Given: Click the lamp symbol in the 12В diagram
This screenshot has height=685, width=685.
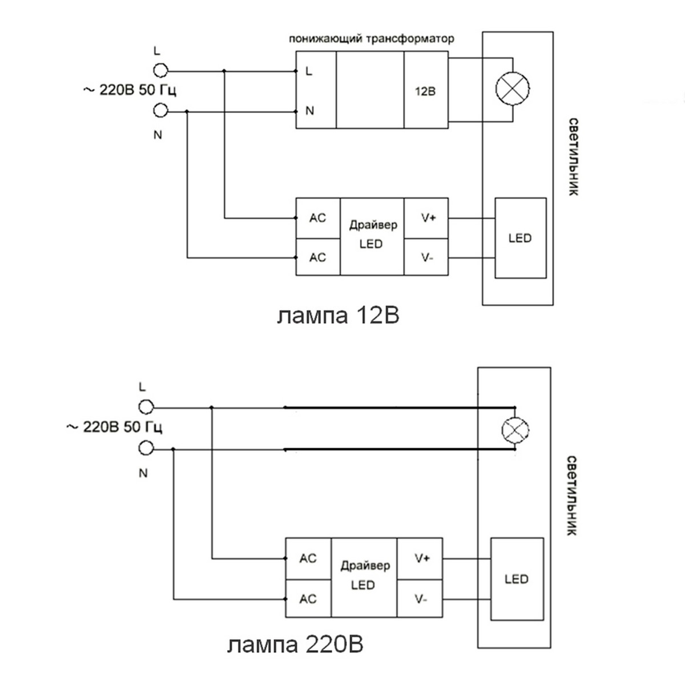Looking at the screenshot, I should [512, 89].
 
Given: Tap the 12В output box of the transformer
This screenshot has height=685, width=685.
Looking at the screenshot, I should [426, 91].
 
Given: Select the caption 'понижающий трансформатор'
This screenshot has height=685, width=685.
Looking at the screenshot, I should [372, 39].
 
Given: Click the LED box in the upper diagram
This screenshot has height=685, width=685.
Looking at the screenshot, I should [520, 238].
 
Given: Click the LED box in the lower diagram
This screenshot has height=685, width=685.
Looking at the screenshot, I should [517, 579].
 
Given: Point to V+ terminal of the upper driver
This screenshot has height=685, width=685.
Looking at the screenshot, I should [426, 218].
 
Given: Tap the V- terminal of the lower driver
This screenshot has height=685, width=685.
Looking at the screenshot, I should [420, 599].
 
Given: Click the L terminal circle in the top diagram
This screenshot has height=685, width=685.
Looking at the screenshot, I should [161, 71].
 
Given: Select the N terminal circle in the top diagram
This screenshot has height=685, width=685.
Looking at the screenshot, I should [161, 111].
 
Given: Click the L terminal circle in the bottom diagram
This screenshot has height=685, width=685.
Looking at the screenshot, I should [147, 408].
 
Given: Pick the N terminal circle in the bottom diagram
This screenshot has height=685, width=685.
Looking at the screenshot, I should [147, 449].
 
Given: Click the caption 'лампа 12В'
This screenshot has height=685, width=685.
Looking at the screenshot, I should [338, 316].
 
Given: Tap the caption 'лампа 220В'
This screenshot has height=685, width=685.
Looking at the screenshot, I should [295, 646].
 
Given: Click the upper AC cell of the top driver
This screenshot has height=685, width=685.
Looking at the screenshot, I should [318, 218].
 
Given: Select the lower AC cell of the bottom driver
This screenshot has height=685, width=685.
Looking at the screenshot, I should [308, 599].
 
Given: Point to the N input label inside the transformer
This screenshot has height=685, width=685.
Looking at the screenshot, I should [310, 111].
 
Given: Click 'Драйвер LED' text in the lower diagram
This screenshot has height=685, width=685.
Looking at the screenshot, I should [364, 575].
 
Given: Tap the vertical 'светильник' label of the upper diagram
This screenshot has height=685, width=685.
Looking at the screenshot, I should [574, 157].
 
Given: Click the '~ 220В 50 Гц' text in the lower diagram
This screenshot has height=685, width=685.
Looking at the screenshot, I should [115, 427].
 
